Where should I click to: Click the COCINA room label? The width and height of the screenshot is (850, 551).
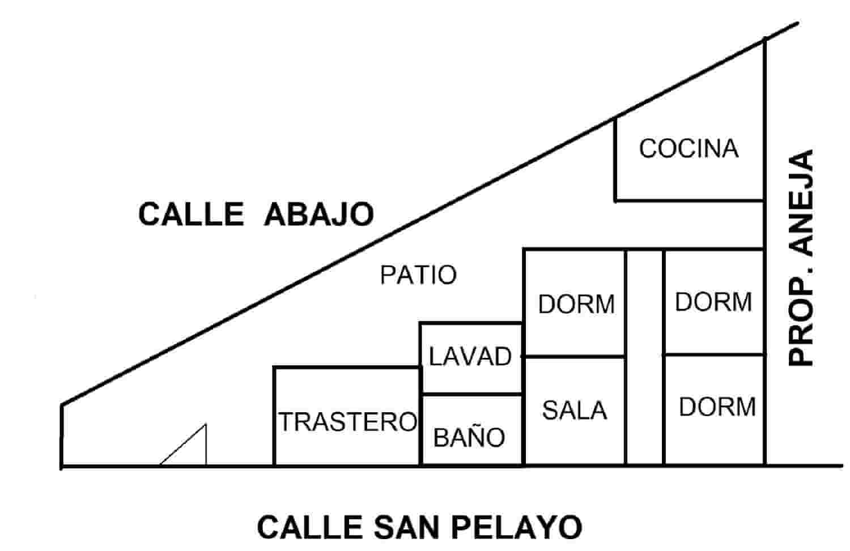[x=688, y=149]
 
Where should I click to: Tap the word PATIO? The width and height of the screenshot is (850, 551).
[x=418, y=276]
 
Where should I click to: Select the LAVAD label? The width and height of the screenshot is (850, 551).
[x=470, y=357]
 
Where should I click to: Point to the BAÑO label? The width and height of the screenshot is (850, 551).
[x=469, y=438]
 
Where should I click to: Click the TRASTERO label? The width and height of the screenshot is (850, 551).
[x=348, y=422]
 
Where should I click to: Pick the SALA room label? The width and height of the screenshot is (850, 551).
[x=574, y=411]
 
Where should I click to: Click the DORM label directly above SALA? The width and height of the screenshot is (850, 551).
[x=576, y=305]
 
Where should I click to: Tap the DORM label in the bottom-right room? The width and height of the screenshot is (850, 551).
[x=717, y=407]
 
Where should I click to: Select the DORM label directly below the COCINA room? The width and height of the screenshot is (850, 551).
[x=713, y=302]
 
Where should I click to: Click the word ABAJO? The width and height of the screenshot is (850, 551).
[x=319, y=215]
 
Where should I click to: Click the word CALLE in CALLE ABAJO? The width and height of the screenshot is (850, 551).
[x=191, y=215]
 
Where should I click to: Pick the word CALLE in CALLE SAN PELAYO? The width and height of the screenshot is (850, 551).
[x=310, y=527]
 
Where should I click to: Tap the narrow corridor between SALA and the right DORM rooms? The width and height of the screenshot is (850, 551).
[x=644, y=357]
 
